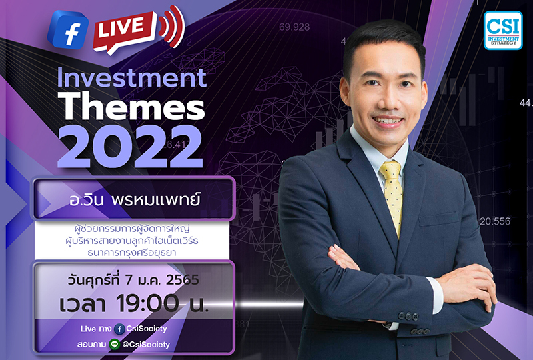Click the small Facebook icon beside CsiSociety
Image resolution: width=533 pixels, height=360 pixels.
coord(119,329)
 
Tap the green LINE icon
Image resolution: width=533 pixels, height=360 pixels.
coord(114,344)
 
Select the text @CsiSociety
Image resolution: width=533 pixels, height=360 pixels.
coord(145,344)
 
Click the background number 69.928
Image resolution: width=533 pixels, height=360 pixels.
coord(294,27)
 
